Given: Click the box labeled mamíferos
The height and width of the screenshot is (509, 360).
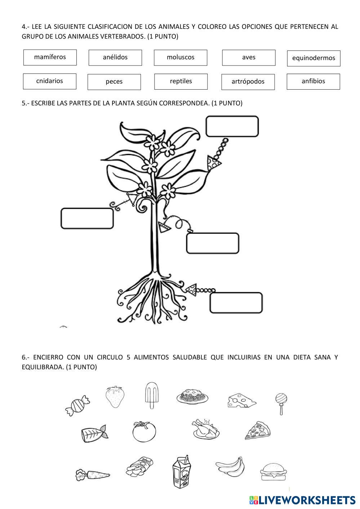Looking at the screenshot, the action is coord(50,57).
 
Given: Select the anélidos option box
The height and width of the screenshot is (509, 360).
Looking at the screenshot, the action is coord(115,58).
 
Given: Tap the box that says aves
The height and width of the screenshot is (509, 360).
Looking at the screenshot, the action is coord(249,58).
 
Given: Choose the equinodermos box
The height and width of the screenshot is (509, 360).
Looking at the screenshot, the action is coord(314,58).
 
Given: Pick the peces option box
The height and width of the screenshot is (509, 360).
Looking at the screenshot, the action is coord(114,82).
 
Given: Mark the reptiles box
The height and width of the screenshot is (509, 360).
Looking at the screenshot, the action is coord(181,81).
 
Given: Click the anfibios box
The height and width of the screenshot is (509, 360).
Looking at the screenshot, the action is coord(313,81).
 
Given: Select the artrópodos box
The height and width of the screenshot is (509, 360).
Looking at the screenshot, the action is coord(248,82).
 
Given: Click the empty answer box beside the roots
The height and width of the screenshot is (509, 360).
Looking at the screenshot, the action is coord(236,303).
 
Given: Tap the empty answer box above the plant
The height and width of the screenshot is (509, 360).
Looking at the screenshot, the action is coord(232,126).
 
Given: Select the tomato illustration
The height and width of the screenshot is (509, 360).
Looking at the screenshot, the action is coord(144,432).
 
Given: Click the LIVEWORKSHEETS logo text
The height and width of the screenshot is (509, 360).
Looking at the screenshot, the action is coord(306,500).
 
